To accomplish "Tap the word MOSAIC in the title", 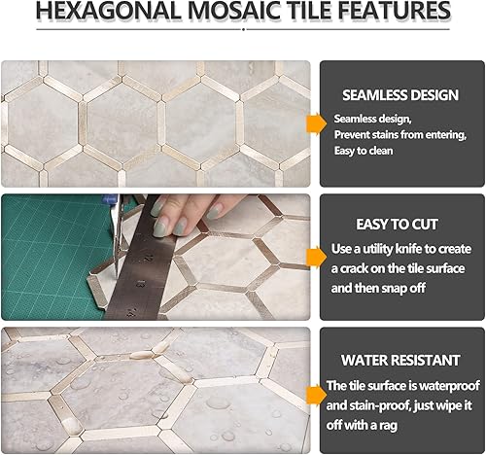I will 248,13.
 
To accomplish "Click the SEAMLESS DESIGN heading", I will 400,95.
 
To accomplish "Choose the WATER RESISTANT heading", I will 400,360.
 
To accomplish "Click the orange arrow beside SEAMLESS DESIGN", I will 314,123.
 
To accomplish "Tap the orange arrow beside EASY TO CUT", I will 314,256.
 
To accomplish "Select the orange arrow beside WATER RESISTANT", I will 314,394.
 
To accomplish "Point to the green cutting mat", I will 39,253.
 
